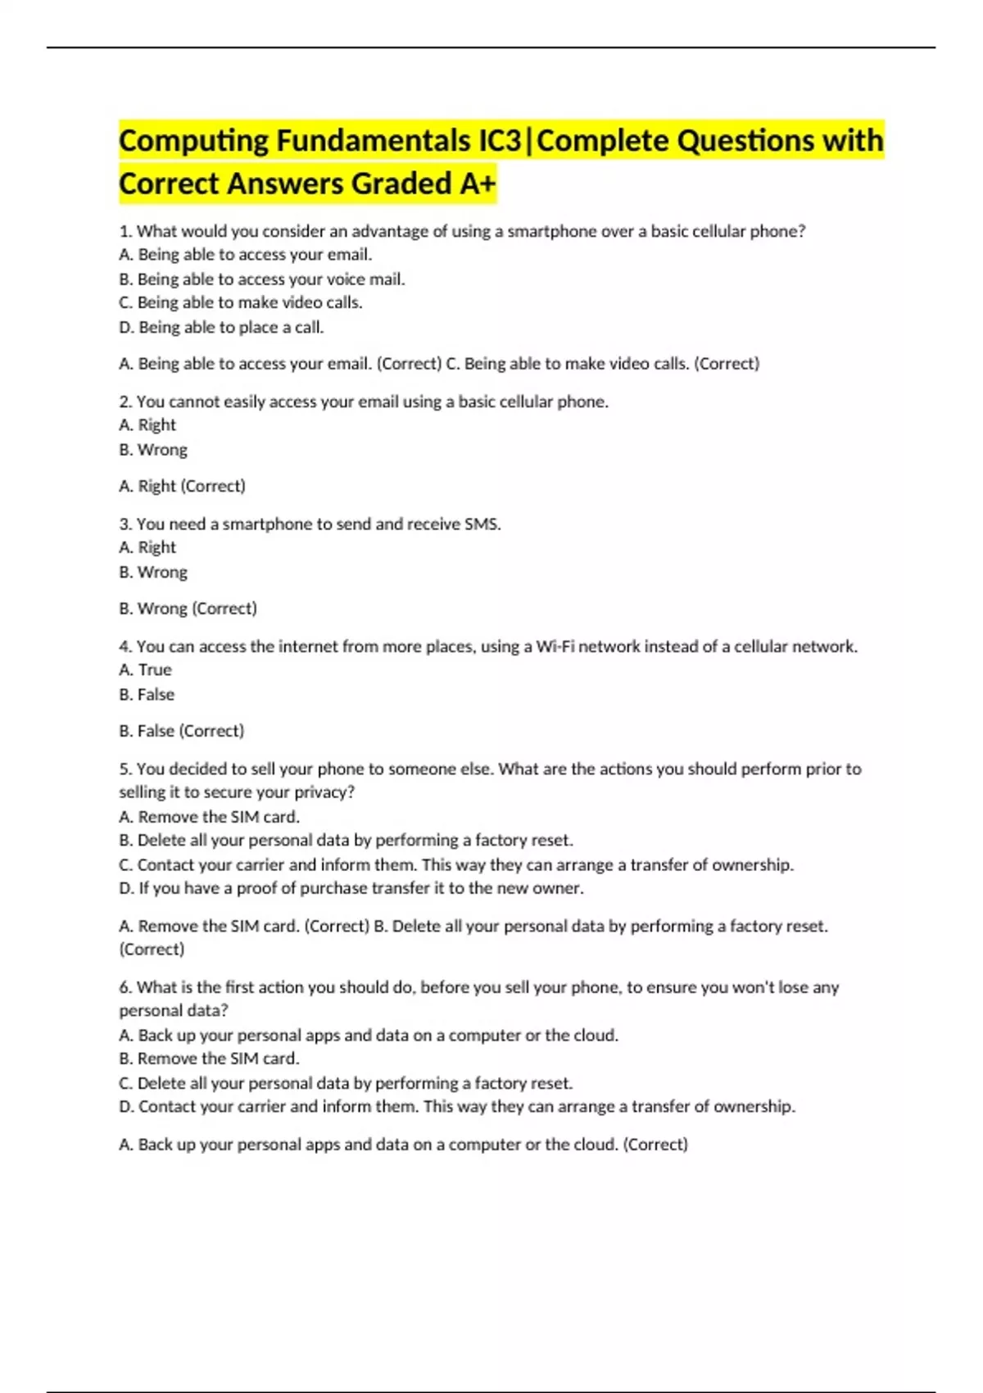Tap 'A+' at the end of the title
477,184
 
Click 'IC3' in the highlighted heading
500,141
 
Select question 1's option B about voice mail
262,279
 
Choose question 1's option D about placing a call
221,327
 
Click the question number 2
125,402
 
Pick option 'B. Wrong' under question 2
153,449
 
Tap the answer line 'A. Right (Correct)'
182,486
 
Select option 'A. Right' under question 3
147,547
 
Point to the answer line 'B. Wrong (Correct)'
188,608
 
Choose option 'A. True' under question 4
146,669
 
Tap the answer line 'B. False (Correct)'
181,730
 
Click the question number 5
125,769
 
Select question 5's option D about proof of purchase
351,888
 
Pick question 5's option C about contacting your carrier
456,864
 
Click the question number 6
125,987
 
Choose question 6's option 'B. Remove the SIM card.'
209,1058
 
